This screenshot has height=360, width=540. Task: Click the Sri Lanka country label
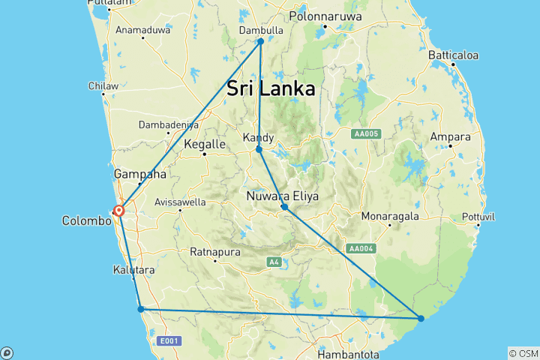pyautogui.click(x=271, y=87)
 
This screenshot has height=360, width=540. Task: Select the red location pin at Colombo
pyautogui.click(x=118, y=211)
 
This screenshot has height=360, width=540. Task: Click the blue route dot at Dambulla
pyautogui.click(x=261, y=41)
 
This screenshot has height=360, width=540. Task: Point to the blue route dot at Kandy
pyautogui.click(x=259, y=150)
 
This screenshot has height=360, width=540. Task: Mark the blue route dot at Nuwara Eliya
pyautogui.click(x=284, y=207)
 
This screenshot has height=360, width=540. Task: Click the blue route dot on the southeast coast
pyautogui.click(x=421, y=319)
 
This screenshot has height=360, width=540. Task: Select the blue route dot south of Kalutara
pyautogui.click(x=140, y=309)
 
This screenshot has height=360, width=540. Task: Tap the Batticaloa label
pyautogui.click(x=453, y=55)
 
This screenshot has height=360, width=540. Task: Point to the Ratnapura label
pyautogui.click(x=214, y=250)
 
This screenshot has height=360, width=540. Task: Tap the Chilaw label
pyautogui.click(x=103, y=86)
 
